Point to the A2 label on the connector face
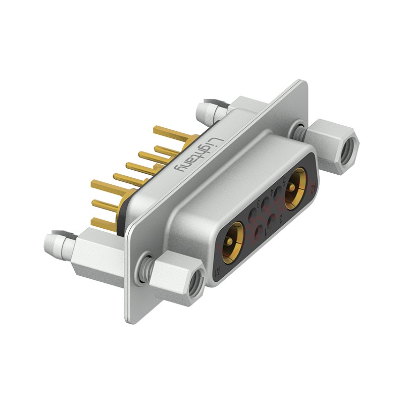pos(314,188)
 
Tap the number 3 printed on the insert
pos(259,204)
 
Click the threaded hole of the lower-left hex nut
pos(195,278)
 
